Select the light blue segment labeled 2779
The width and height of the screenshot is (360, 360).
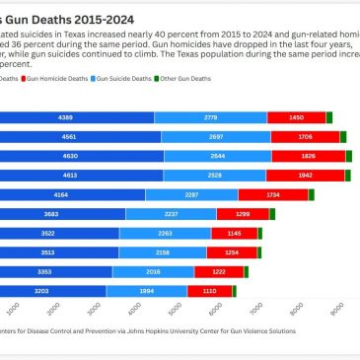coord(210,117)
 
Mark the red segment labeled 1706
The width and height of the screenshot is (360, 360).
coord(305,136)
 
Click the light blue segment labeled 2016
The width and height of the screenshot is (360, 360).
coord(153,271)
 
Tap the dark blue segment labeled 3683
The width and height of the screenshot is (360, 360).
coord(59,213)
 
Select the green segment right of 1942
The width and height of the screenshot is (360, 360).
coord(348,175)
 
